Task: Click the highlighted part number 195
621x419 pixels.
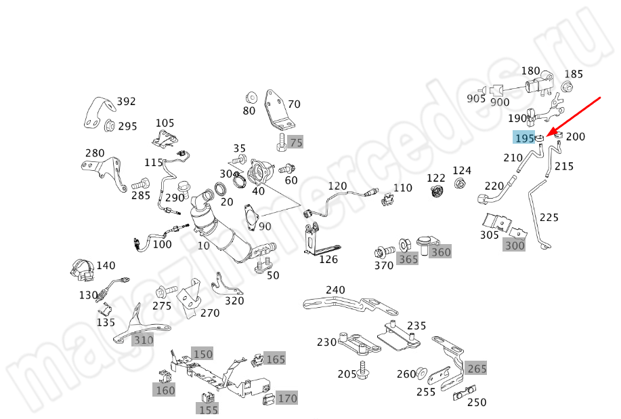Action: [523, 138]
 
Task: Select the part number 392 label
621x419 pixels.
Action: [126, 102]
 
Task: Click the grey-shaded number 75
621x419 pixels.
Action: [295, 142]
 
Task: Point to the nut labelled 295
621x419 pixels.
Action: [108, 125]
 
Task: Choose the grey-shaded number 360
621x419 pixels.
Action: [441, 252]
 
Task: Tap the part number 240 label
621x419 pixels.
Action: [335, 290]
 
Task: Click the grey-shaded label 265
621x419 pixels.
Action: [477, 369]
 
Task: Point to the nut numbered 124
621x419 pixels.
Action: [459, 183]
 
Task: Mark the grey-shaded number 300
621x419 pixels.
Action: [515, 245]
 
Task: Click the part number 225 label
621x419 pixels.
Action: [549, 218]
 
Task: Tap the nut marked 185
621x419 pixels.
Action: [568, 86]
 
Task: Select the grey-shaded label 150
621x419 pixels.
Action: [202, 354]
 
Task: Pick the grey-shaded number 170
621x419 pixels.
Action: [288, 398]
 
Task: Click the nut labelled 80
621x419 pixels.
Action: [250, 94]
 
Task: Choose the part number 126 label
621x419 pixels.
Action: [328, 260]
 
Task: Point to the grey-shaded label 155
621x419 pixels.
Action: [208, 409]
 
